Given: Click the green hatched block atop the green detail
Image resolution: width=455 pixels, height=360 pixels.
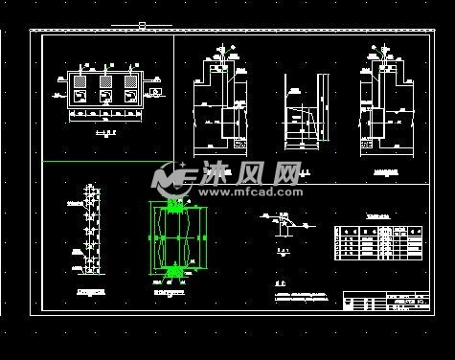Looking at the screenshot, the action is point(173,206).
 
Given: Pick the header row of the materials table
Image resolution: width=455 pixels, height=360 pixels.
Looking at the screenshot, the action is point(377,231).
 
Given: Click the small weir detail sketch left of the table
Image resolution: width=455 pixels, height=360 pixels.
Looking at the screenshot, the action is point(284,226).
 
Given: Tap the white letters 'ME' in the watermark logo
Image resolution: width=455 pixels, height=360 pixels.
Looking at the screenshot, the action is point(187,175).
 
